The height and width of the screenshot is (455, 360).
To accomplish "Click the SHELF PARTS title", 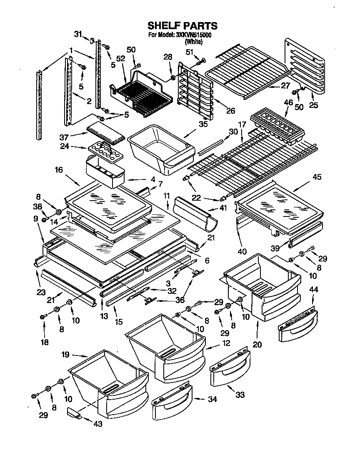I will point(180,27).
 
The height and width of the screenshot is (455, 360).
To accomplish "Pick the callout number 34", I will point(212,399).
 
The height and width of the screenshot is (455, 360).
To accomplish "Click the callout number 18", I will point(44,342).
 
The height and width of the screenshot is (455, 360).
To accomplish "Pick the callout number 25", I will point(313,105).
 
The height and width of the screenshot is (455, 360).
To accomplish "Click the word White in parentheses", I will point(194,42).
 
